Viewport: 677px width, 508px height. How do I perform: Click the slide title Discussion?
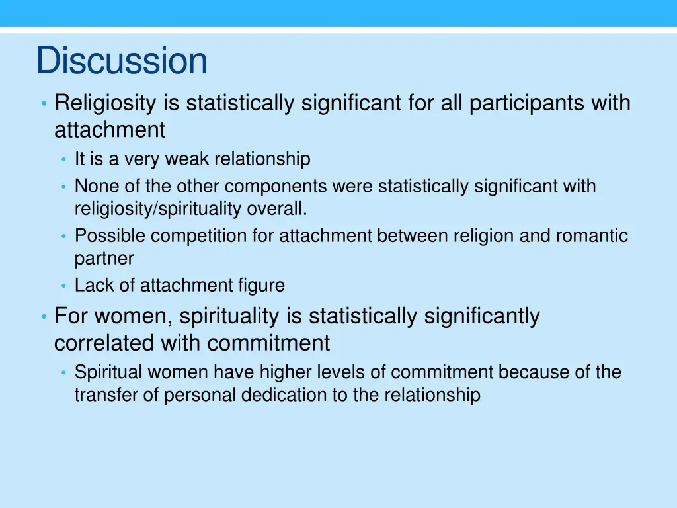122,60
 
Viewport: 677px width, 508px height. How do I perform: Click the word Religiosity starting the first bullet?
105,103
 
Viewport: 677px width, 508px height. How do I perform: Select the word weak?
188,159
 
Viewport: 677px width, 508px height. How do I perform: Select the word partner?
104,259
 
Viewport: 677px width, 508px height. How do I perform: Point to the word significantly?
481,316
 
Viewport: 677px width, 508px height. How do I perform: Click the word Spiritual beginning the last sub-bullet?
108,372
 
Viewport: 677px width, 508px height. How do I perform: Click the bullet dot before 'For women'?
42,317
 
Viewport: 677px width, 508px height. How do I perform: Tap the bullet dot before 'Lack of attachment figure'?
64,286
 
